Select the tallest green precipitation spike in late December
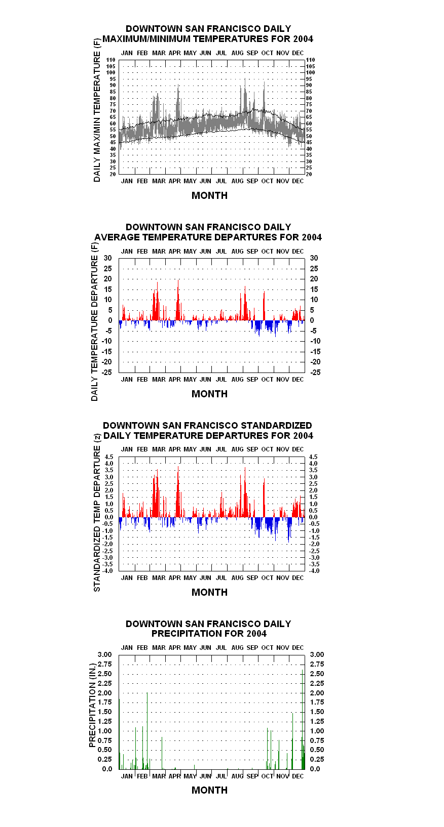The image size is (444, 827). pos(303,719)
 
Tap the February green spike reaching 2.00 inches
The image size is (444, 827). pos(147,731)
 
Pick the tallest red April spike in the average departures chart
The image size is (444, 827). pos(178,300)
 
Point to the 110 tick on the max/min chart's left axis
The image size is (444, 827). pos(110,60)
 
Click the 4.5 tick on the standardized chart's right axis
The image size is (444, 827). pos(313,457)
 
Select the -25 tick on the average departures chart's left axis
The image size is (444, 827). pos(107,373)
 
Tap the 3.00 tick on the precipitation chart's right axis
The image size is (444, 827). pos(317,654)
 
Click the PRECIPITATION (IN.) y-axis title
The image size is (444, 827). pos(92,705)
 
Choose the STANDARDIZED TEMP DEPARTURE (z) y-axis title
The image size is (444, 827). pos(97,512)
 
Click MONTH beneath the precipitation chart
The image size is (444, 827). pos(209,790)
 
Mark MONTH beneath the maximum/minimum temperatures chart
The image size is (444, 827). pos(209,195)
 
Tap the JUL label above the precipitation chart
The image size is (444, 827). pos(221,647)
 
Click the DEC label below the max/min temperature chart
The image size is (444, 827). pos(298,181)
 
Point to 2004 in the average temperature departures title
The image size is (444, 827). pos(312,237)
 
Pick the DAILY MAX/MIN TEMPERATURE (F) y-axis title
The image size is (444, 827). pos(97,110)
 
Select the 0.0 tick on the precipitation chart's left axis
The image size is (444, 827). pos(107,769)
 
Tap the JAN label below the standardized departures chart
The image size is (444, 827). pos(127,578)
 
